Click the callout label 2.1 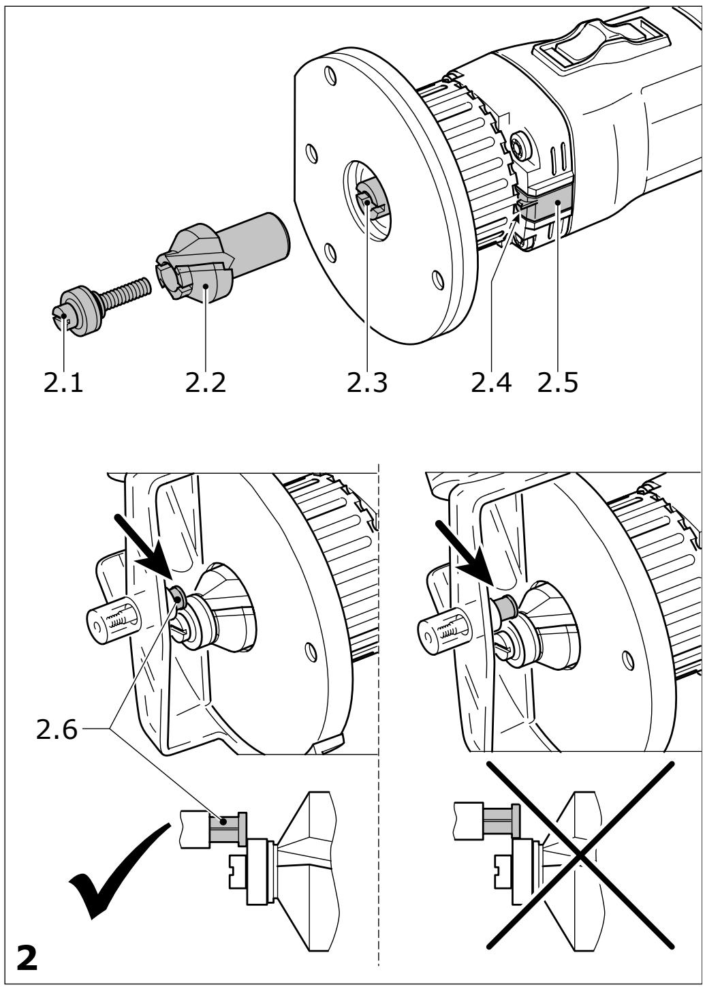point(63,382)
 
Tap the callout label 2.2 point(205,382)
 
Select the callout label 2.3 point(367,382)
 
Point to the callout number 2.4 point(491,382)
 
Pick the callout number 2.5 point(557,382)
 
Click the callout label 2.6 point(57,729)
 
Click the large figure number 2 point(27,956)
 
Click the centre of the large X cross point(580,855)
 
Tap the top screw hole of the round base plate point(329,75)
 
